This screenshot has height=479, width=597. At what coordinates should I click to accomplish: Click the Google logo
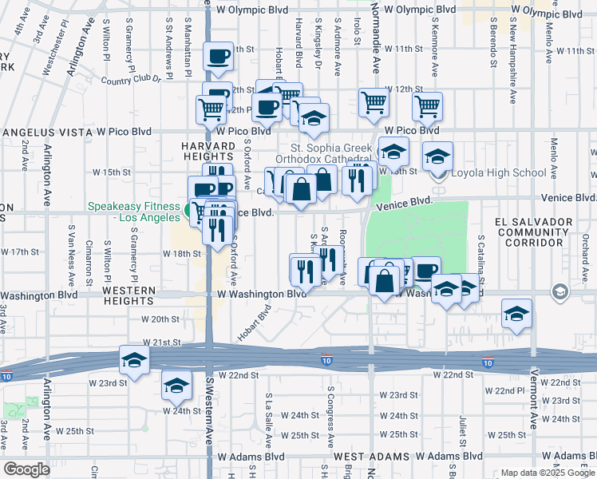click(26, 469)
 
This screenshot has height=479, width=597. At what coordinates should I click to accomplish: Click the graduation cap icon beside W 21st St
click(135, 360)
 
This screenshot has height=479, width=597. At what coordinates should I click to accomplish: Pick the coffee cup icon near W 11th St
click(218, 56)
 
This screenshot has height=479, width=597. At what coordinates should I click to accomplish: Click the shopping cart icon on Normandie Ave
click(374, 102)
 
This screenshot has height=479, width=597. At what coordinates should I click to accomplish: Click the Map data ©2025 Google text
click(547, 473)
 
